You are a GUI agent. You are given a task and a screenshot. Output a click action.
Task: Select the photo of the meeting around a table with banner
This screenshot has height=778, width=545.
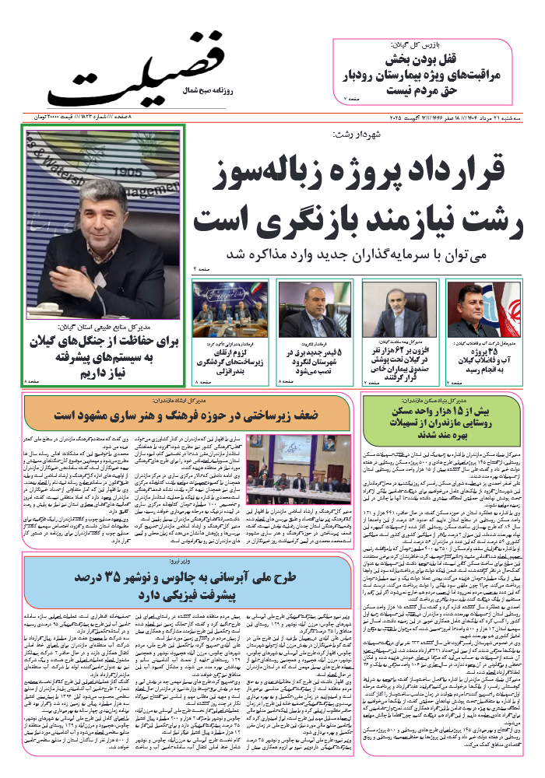(230, 310)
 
